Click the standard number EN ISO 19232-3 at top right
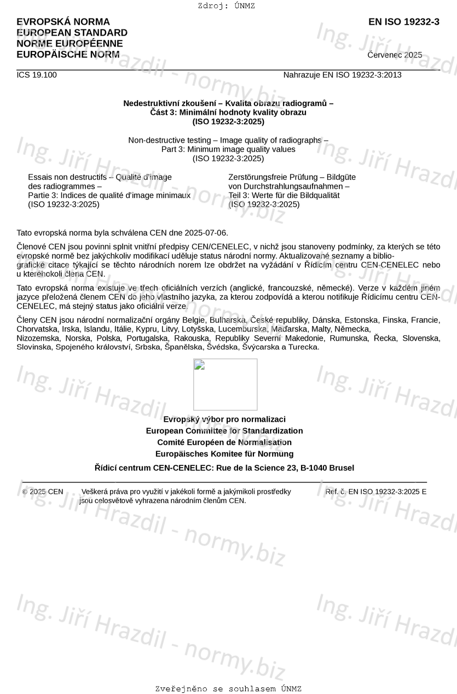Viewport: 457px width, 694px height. pos(403,22)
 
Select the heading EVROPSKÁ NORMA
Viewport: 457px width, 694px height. pos(63,22)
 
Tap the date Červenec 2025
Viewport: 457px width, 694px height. pos(395,55)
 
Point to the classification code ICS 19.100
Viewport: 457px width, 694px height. pos(37,75)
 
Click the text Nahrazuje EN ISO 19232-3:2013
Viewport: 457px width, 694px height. pos(342,75)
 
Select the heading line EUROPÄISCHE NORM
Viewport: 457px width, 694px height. pos(68,54)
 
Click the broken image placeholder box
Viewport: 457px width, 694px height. pos(225,384)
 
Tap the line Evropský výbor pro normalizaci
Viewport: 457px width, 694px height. pos(224,419)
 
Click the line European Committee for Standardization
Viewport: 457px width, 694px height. pos(224,430)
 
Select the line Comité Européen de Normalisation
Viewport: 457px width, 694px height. pos(224,442)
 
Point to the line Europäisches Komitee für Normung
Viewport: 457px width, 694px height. pos(224,453)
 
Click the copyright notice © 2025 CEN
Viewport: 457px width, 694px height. pos(43,492)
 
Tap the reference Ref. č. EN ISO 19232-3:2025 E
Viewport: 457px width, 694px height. pos(376,492)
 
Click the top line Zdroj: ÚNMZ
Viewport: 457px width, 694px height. pos(226,6)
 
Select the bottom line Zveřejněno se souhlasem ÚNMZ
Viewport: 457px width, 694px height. pos(228,689)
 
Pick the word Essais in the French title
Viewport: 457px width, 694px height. pos(39,177)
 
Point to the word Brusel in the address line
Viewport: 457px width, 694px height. pos(342,468)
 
